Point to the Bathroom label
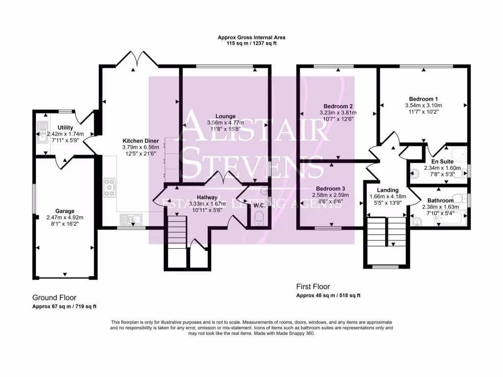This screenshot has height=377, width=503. (440, 200)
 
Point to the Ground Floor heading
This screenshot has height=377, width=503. (54, 297)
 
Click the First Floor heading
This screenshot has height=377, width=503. (313, 286)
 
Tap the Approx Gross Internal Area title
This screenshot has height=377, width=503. (251, 37)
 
